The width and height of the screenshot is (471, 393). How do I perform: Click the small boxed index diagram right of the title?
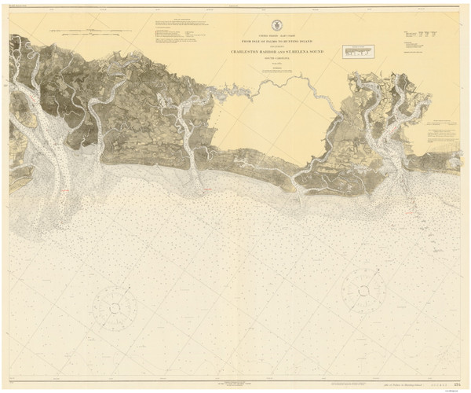point(359,51)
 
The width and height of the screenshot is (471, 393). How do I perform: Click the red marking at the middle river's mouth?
point(206,191)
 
